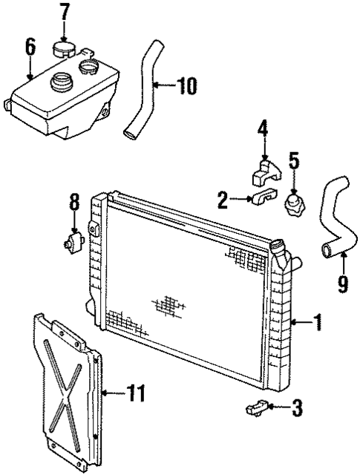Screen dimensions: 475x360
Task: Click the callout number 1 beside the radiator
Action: (x=317, y=322)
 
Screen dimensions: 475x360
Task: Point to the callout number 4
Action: (x=261, y=129)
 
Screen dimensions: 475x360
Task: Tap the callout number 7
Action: (x=64, y=13)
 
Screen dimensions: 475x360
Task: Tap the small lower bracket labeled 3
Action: (x=255, y=407)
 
